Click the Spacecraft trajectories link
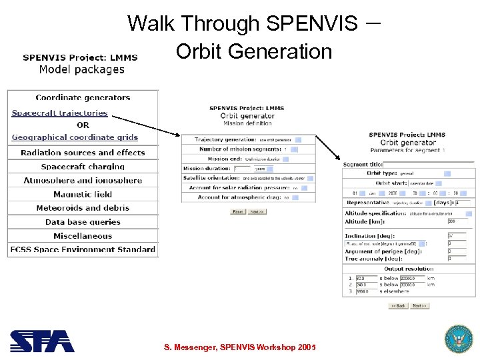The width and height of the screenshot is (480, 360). (x=59, y=113)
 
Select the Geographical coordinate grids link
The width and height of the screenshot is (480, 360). (x=75, y=137)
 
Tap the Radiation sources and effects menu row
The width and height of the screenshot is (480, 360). (x=83, y=153)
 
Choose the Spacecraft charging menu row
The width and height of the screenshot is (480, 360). (x=83, y=167)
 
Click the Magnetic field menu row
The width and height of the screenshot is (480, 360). (x=83, y=195)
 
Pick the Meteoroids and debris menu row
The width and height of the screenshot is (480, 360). (x=83, y=208)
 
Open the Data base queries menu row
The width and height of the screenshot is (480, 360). (x=83, y=222)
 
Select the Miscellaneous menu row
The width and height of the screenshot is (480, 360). (x=83, y=236)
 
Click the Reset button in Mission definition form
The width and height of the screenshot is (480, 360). (x=238, y=211)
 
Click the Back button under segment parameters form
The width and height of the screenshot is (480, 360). (x=398, y=305)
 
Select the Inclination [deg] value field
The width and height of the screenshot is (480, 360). (x=457, y=236)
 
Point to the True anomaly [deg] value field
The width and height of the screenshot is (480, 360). (x=457, y=258)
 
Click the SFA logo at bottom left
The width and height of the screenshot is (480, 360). (x=42, y=341)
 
